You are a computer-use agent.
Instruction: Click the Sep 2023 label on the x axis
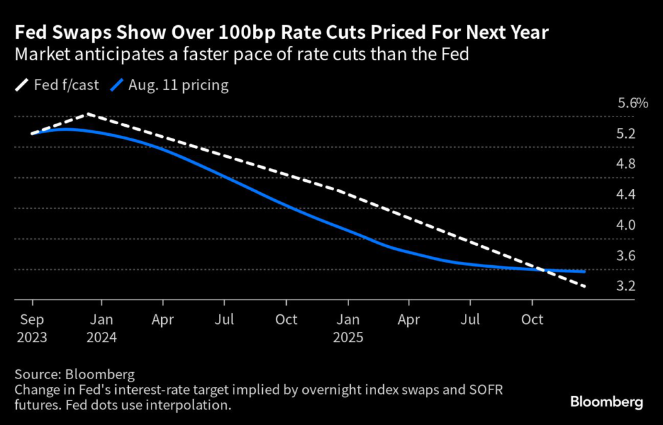coord(32,327)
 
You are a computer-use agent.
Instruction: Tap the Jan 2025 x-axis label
coord(348,327)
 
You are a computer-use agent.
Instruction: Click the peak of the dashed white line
coord(87,114)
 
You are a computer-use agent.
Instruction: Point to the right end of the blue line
coord(585,272)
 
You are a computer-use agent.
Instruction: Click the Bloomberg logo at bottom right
coord(607,402)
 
